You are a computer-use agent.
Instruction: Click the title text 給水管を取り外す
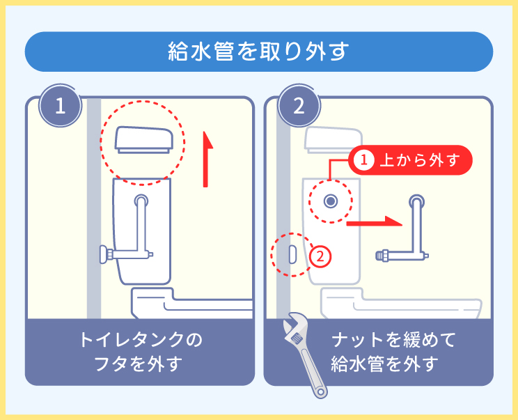pos(258,52)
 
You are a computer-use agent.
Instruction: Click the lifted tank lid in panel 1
pos(144,140)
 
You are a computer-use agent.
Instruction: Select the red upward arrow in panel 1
pos(206,160)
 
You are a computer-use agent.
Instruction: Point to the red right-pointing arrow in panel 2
pos(375,223)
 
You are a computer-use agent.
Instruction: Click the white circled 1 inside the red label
pos(363,160)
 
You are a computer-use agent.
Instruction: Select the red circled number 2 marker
pos(320,256)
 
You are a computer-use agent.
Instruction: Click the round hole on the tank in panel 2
pos(331,201)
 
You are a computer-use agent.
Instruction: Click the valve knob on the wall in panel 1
pos(106,255)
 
